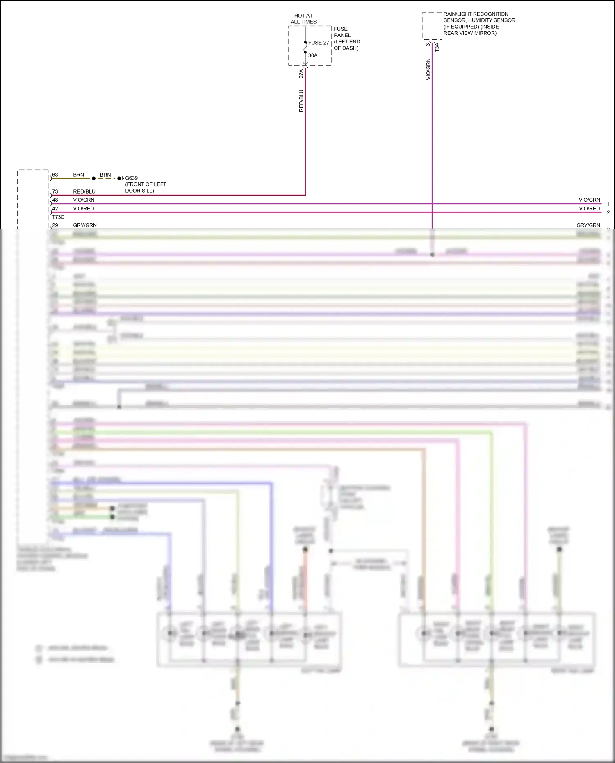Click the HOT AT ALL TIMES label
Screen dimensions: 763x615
click(x=303, y=19)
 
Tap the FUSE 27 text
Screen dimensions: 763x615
click(x=319, y=43)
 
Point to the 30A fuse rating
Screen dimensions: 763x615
click(x=313, y=55)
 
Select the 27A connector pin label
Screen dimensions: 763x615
click(x=301, y=73)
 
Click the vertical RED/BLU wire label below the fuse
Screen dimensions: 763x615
click(x=301, y=101)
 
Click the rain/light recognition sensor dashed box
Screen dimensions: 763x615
click(x=432, y=26)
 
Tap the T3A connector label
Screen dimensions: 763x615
click(x=437, y=47)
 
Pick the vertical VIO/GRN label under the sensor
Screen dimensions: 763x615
click(x=428, y=69)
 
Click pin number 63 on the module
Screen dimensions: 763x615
click(x=55, y=175)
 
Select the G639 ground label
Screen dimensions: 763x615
click(x=131, y=178)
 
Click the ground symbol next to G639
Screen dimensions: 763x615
click(x=120, y=178)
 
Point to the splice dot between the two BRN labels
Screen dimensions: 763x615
click(x=93, y=178)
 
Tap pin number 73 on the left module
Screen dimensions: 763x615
click(x=55, y=191)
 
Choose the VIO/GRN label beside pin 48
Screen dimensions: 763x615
click(x=84, y=200)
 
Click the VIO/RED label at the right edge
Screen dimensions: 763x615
click(x=589, y=209)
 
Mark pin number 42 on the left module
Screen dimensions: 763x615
click(x=55, y=209)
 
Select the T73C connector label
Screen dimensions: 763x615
click(x=58, y=217)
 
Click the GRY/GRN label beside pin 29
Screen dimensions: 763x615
click(x=85, y=225)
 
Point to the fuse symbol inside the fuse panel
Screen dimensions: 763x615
click(x=305, y=49)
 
